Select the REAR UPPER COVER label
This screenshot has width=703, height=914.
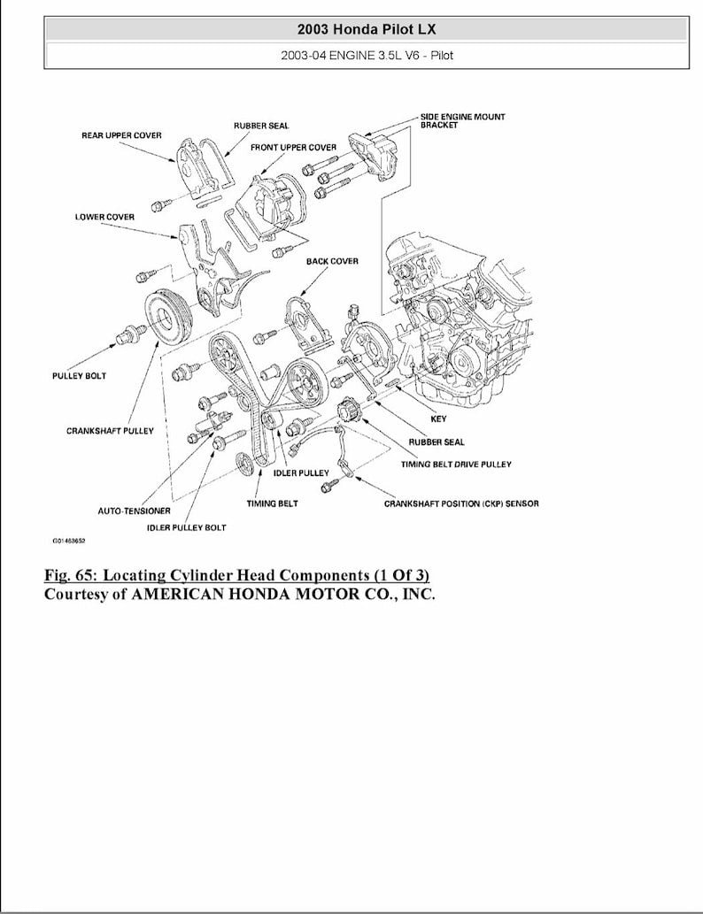(121, 135)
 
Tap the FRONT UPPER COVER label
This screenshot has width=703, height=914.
(293, 147)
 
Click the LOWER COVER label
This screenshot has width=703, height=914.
(104, 217)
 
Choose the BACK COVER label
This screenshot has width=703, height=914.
(332, 261)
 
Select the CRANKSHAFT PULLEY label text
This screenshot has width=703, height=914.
(110, 431)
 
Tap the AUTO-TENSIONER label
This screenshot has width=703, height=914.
(134, 511)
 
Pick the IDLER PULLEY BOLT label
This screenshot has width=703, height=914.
(186, 527)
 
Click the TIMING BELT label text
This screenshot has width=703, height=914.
(272, 503)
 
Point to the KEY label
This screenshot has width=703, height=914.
(438, 419)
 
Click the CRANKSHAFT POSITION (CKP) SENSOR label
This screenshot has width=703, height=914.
(460, 503)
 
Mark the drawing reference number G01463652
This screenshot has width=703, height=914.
(74, 539)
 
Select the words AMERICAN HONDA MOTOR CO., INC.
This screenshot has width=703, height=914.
(282, 594)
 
